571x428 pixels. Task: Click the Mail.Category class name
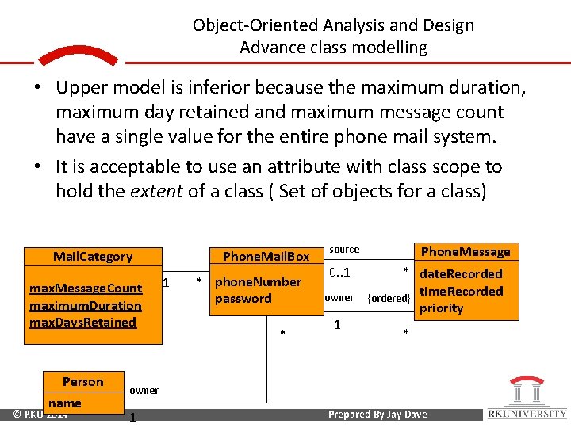(93, 256)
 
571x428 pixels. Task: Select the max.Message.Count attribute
(86, 288)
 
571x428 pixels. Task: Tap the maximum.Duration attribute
(86, 305)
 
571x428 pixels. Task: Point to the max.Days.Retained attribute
(83, 322)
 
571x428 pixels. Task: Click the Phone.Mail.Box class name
(266, 256)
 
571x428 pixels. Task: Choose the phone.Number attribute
(259, 281)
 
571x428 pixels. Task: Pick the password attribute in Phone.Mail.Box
(243, 298)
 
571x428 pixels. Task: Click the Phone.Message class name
(466, 251)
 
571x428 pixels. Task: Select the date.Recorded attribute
(461, 273)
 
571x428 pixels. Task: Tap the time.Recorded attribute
(461, 291)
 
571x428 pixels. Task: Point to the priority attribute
(441, 308)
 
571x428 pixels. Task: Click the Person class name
(83, 381)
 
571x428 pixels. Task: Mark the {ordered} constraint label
(389, 298)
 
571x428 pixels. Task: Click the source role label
(344, 249)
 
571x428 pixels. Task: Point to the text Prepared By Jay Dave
(377, 414)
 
